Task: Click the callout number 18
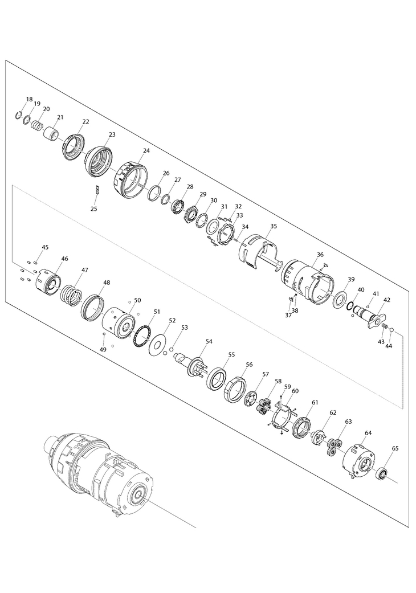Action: click(30, 99)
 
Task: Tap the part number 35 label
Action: click(274, 226)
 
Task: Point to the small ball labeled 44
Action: click(392, 330)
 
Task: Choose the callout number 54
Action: click(209, 341)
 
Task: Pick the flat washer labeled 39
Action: click(340, 298)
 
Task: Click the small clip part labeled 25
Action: click(96, 189)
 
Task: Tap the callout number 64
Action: click(368, 432)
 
